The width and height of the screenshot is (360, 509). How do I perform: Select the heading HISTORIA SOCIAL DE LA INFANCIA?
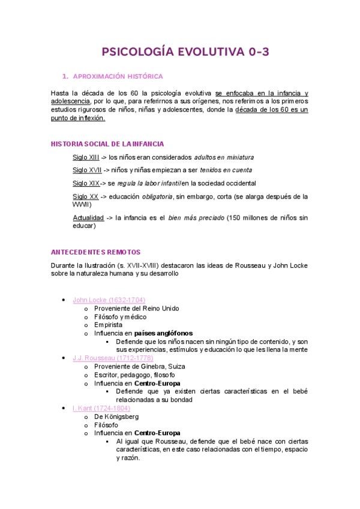click(x=107, y=144)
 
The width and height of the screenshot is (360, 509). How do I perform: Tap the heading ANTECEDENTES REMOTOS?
click(x=96, y=253)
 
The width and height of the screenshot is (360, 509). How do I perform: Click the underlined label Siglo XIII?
click(x=86, y=157)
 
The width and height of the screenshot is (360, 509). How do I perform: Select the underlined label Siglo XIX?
click(x=86, y=183)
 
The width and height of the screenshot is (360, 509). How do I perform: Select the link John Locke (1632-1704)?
click(x=109, y=300)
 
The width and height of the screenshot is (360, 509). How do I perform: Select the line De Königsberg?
click(x=117, y=417)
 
